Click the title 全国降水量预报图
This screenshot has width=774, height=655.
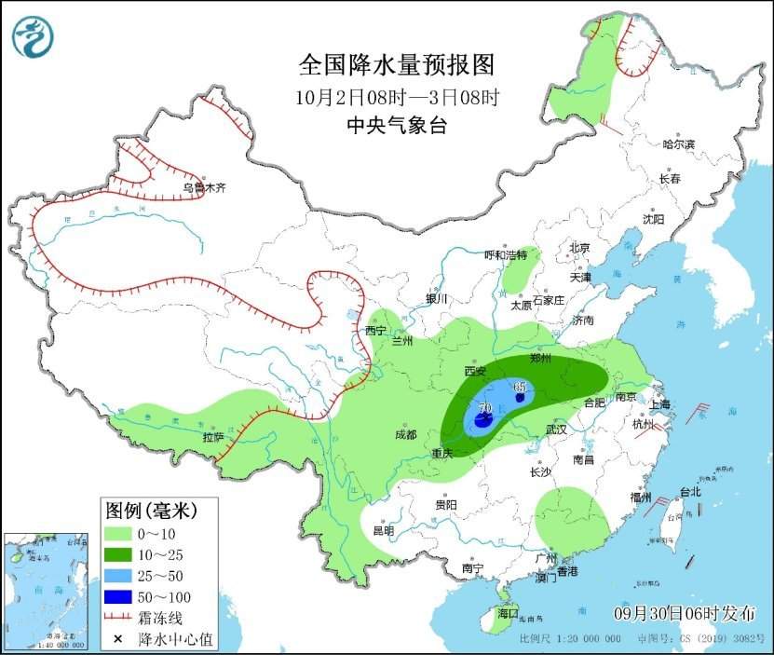pyautogui.click(x=395, y=64)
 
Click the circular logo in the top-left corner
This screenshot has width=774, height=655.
pyautogui.click(x=33, y=36)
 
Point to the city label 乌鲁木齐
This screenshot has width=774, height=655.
pyautogui.click(x=204, y=187)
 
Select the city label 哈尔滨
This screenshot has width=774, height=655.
pyautogui.click(x=678, y=144)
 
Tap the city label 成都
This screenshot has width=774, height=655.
pyautogui.click(x=405, y=434)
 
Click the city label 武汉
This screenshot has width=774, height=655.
pyautogui.click(x=557, y=430)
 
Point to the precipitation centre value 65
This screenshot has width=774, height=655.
pyautogui.click(x=520, y=387)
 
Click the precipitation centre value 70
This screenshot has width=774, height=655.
pyautogui.click(x=484, y=408)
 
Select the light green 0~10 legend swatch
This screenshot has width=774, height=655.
pyautogui.click(x=117, y=534)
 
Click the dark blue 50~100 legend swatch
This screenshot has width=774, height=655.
pyautogui.click(x=117, y=595)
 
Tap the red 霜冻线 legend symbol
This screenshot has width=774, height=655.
pyautogui.click(x=117, y=617)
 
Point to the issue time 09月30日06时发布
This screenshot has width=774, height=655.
pyautogui.click(x=685, y=612)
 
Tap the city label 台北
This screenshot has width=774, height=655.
pyautogui.click(x=689, y=491)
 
